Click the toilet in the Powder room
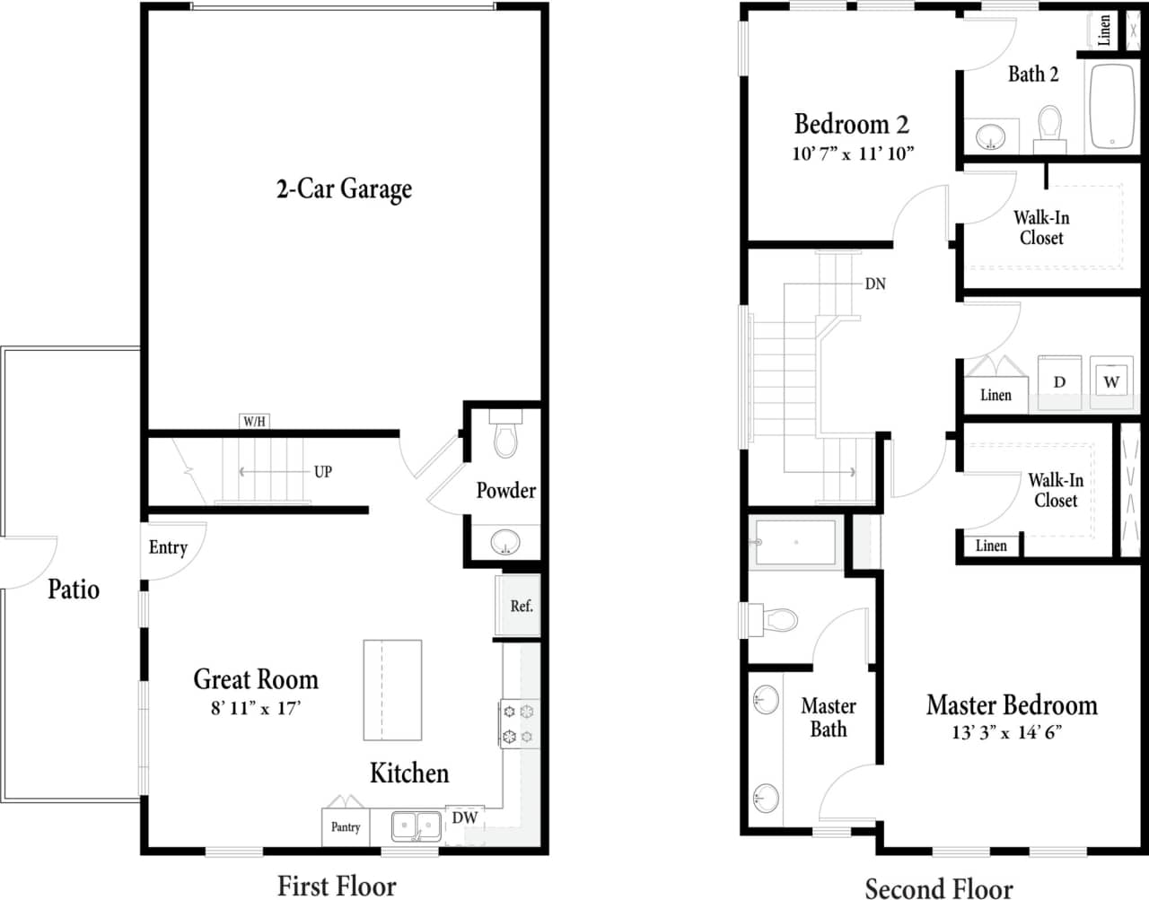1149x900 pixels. coord(505,435)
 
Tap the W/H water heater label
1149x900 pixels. coord(254,421)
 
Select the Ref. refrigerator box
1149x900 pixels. coord(519,607)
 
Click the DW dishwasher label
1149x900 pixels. coord(464,817)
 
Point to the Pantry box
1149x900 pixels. coord(346,827)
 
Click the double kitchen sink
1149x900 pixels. coord(417,826)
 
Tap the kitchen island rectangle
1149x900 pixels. coord(392,690)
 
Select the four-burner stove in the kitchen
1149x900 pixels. coord(519,724)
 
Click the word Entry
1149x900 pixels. coord(168,547)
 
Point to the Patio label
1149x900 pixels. coord(74,590)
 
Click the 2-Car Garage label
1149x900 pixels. coord(344,188)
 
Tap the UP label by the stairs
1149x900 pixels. coord(323,472)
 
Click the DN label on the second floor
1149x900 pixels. coord(875,284)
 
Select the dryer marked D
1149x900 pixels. coord(1059,383)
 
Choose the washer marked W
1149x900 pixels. coord(1111,381)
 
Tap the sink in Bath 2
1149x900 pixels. coord(992,137)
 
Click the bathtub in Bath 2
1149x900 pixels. coord(1112,106)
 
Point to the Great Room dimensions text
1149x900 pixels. coord(256,709)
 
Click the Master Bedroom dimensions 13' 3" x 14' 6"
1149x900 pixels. coord(1007,732)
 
